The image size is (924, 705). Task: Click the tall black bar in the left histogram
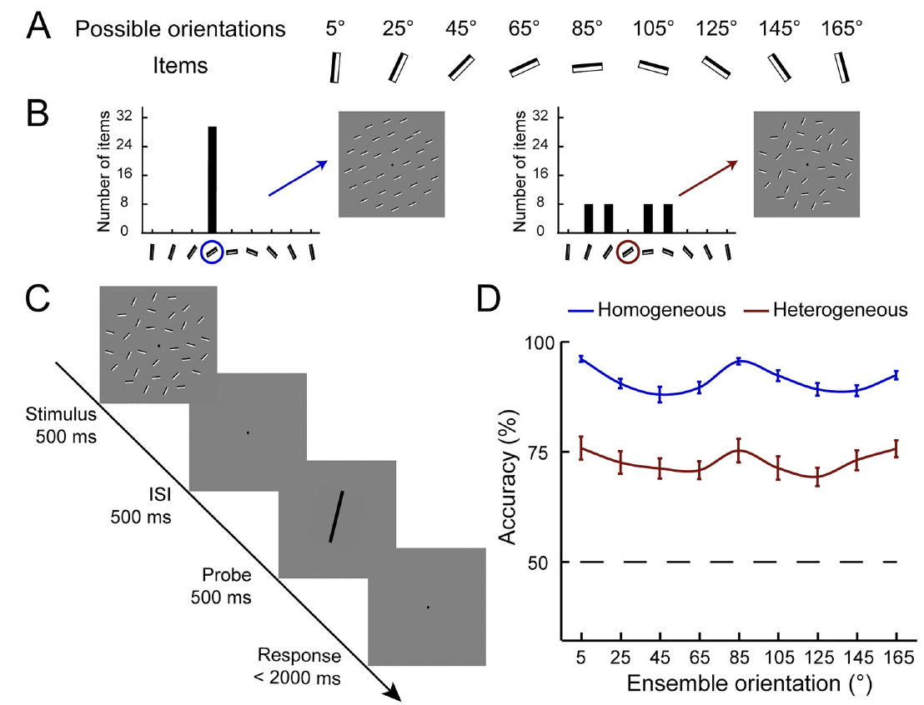[x=213, y=179]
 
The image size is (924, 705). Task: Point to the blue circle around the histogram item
[x=213, y=251]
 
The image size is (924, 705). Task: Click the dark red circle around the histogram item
[x=627, y=251]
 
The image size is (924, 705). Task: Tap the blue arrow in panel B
[x=297, y=178]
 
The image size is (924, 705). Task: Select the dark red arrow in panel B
[x=708, y=178]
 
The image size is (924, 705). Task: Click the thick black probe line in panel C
[x=335, y=517]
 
